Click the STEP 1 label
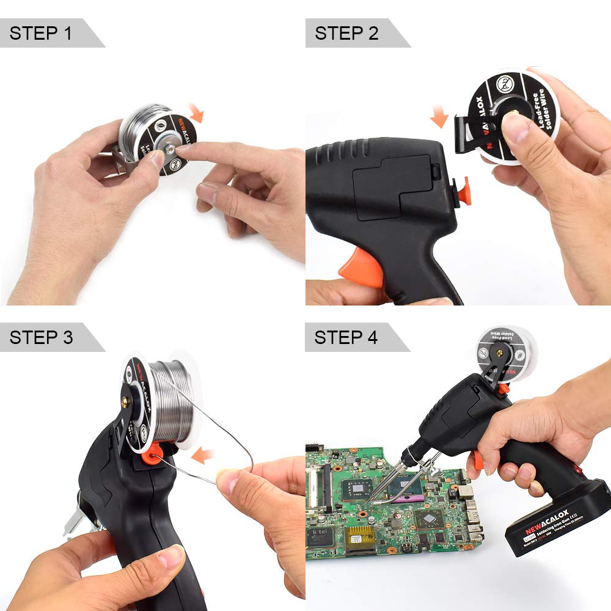(x=42, y=33)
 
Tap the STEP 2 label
(x=346, y=33)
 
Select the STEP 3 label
(x=42, y=337)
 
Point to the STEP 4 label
(x=346, y=337)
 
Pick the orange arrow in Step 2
(x=439, y=117)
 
